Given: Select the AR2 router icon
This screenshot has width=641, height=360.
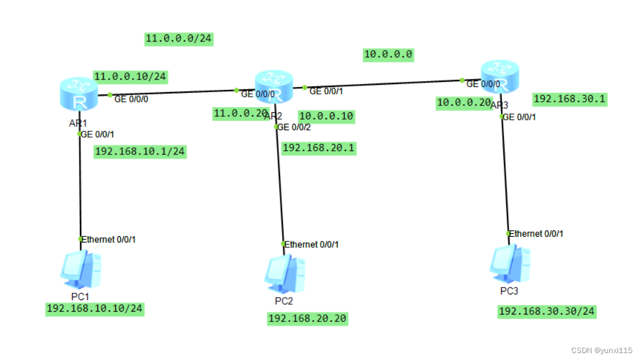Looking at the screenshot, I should pos(274,86).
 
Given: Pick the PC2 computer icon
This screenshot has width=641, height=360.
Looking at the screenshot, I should pos(285,275).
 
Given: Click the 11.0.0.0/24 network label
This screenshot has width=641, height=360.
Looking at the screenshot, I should pos(179,39).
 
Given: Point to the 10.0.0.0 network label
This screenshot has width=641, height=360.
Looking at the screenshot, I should pos(388,55).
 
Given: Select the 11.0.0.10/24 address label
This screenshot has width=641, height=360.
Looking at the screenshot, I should pos(131,77).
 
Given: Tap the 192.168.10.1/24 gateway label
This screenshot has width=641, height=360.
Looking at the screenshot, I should pos(140,151).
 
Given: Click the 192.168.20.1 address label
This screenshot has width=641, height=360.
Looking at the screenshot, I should pos(318,148).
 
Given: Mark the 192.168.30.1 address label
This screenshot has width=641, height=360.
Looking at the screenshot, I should pos(569,99).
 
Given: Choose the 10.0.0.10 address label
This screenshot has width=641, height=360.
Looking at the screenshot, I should pos(325,116).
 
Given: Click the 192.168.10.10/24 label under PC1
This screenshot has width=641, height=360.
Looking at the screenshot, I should pos(94,309).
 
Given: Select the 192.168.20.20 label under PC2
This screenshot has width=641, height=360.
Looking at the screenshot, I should pos(308,319).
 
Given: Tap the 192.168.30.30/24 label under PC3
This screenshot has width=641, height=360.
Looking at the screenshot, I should pos(547,312).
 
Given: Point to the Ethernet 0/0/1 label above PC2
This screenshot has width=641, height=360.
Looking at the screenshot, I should pos(311,245).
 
